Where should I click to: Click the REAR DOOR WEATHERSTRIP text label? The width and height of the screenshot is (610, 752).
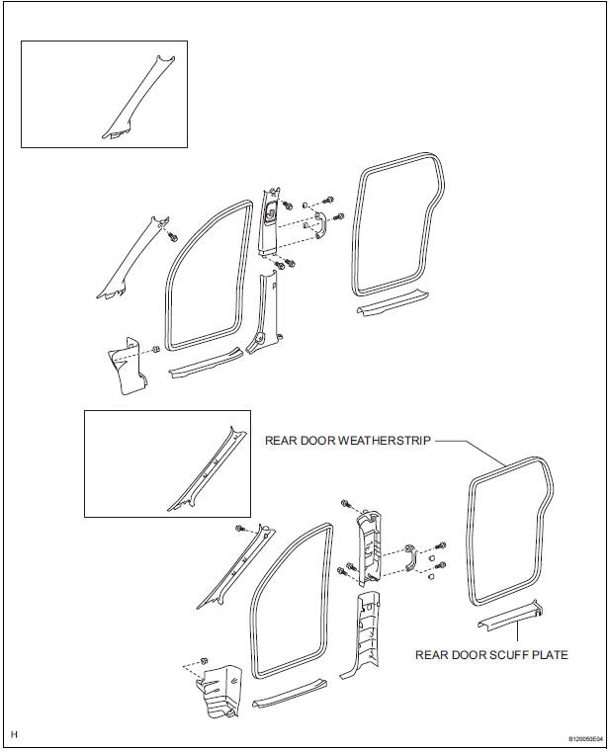[x=347, y=441]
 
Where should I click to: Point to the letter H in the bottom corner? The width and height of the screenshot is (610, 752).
[x=15, y=734]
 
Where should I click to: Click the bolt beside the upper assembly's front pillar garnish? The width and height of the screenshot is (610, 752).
[x=172, y=236]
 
